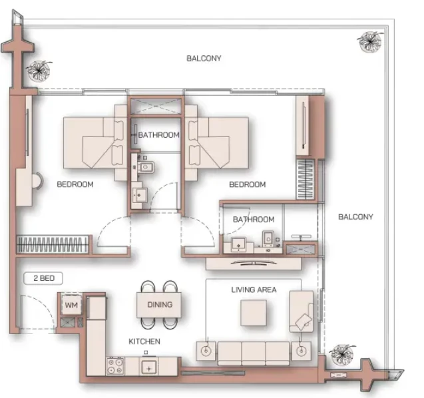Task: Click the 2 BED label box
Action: tap(43, 278)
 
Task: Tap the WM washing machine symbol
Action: tap(71, 305)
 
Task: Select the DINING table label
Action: tap(160, 305)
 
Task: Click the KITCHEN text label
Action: tap(144, 341)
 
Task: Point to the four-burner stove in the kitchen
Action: tap(115, 366)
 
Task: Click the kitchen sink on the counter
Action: tap(148, 367)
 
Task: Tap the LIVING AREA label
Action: tap(254, 290)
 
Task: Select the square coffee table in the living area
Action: tap(254, 313)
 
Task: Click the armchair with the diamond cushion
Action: tap(302, 311)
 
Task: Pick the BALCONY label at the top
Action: tap(204, 59)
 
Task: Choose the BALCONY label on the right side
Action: tap(355, 217)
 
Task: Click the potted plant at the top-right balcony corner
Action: tap(369, 42)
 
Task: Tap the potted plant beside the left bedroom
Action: tap(39, 71)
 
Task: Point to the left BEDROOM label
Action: tap(75, 184)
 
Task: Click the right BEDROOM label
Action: tap(248, 184)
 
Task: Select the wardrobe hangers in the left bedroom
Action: tap(53, 244)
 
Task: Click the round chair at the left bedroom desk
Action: tap(37, 180)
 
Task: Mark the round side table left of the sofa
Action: tap(206, 351)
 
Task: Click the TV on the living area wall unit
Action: tap(254, 262)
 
